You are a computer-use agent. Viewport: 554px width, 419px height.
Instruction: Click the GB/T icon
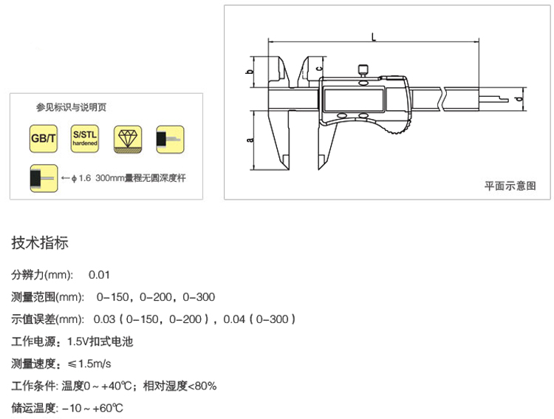point(43,139)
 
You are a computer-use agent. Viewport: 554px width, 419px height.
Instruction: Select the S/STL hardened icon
point(85,139)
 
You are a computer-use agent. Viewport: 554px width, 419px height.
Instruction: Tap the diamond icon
point(128,139)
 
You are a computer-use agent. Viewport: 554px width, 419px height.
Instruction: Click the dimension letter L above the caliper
point(374,37)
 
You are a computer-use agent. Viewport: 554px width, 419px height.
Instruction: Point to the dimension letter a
point(250,140)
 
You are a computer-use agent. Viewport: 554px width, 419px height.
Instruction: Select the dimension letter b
point(250,72)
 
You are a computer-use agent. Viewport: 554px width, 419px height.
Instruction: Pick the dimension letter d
point(519,98)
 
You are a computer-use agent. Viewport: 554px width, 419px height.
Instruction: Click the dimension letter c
point(319,68)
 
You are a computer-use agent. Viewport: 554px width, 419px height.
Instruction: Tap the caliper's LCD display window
point(354,100)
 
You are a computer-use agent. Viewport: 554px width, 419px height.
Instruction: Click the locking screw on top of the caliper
point(363,70)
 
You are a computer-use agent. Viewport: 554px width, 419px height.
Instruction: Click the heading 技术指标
point(40,243)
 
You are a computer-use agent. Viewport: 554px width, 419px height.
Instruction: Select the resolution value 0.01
point(99,275)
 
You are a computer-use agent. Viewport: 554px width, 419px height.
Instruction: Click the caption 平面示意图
point(510,185)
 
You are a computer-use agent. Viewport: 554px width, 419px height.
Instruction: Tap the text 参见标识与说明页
point(71,107)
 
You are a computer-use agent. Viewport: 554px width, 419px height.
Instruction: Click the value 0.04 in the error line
point(234,319)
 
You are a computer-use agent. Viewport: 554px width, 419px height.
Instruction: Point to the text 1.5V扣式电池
point(100,341)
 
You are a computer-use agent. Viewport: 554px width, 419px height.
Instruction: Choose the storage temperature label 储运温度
point(33,408)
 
